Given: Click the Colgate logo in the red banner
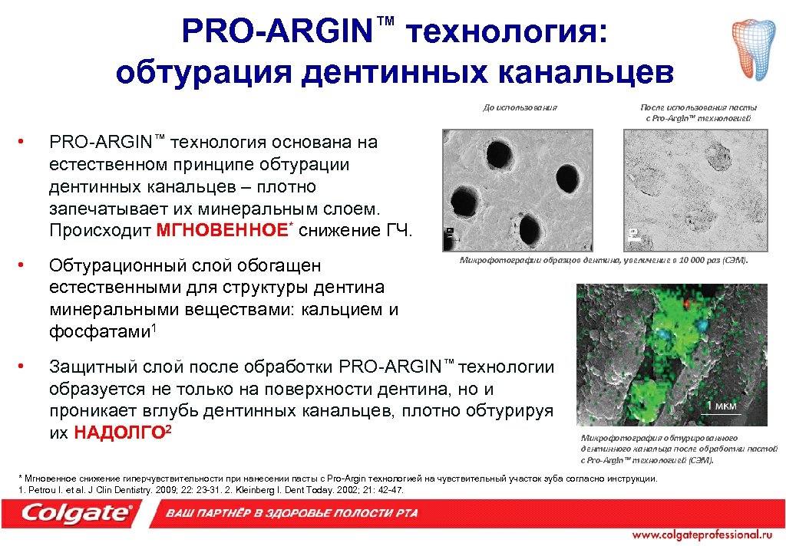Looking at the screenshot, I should coord(77,514).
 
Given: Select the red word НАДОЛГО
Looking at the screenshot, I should coord(119,433).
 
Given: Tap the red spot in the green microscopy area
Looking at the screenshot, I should coord(688,303).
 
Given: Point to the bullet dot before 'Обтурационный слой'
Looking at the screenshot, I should coord(24,265).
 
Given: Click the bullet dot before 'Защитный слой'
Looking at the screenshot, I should coord(24,364).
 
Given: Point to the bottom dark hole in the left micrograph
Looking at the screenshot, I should coord(530,228).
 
